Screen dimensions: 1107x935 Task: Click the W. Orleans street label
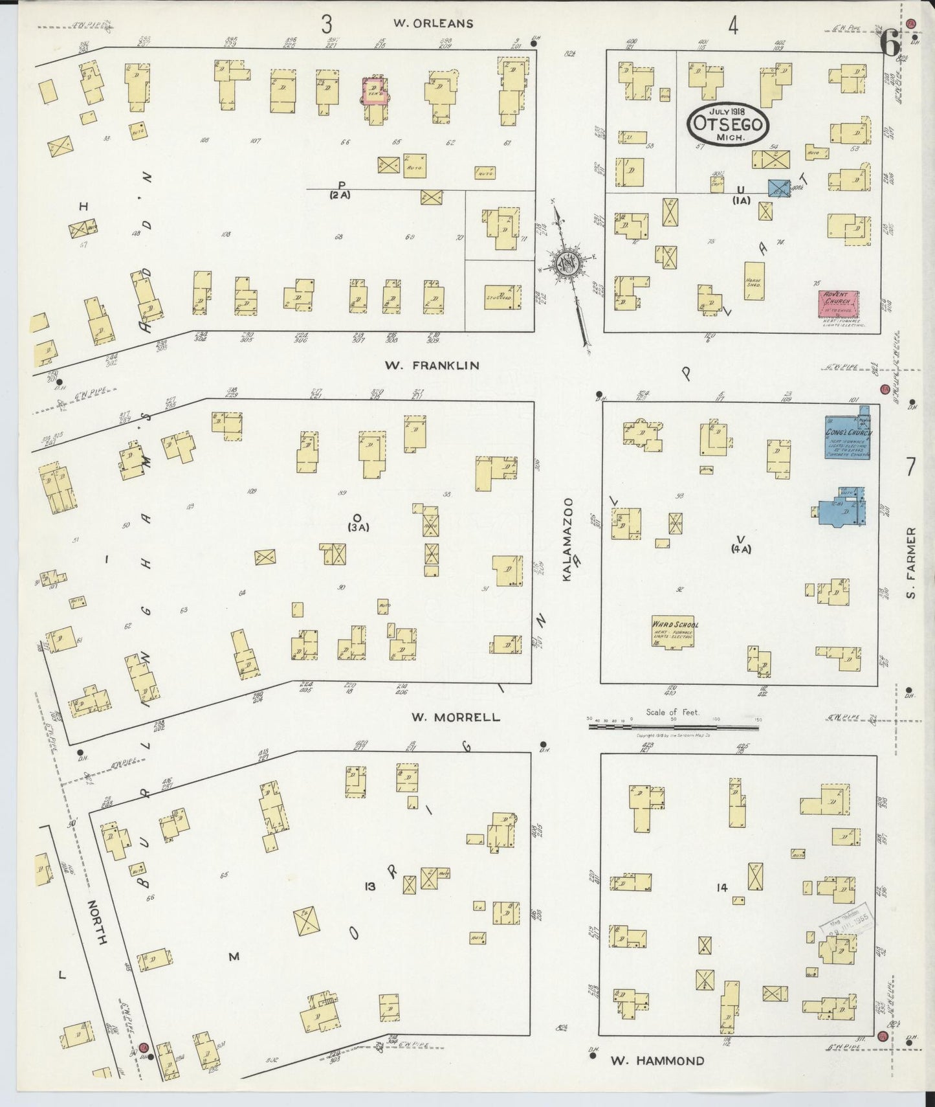[434, 24]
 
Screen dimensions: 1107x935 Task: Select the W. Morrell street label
[456, 717]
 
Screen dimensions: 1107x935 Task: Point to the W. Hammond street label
[657, 1061]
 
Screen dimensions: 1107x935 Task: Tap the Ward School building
[674, 631]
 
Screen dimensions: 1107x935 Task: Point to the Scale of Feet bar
[673, 727]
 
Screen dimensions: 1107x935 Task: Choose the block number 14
[722, 888]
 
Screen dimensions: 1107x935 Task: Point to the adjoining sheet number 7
[910, 466]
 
